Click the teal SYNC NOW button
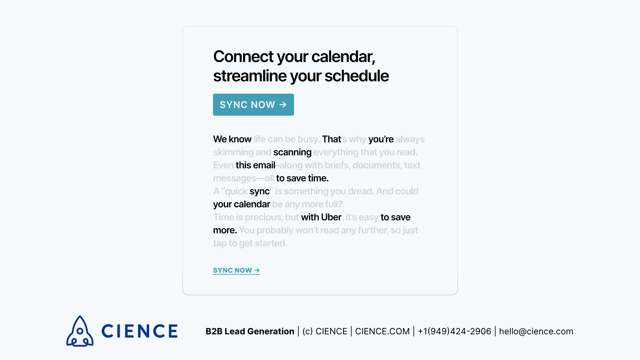(253, 105)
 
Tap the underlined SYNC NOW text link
(236, 270)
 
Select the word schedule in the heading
(356, 76)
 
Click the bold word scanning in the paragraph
(292, 152)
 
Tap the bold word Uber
(331, 217)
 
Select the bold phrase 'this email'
(255, 165)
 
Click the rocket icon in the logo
(80, 331)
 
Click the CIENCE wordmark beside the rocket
(139, 331)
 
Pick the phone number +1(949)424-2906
(454, 331)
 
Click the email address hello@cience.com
(536, 331)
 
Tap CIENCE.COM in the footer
(382, 331)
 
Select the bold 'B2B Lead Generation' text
(250, 331)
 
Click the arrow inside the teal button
(283, 105)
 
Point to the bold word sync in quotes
(259, 191)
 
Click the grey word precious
(263, 217)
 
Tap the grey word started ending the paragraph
(271, 243)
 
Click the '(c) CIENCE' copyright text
(325, 331)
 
